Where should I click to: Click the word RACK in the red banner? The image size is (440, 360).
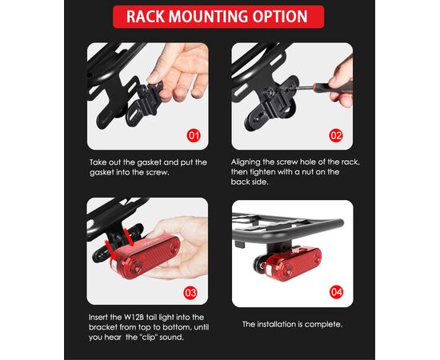(145, 17)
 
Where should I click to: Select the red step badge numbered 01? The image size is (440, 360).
(194, 136)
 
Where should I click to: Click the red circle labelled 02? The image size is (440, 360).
(336, 136)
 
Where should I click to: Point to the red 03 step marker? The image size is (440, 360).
(190, 293)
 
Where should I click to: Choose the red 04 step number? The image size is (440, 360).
(336, 292)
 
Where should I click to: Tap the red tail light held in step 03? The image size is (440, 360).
(146, 256)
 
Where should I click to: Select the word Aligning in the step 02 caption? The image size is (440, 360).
(246, 162)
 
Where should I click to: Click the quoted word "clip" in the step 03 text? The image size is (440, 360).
(148, 337)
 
